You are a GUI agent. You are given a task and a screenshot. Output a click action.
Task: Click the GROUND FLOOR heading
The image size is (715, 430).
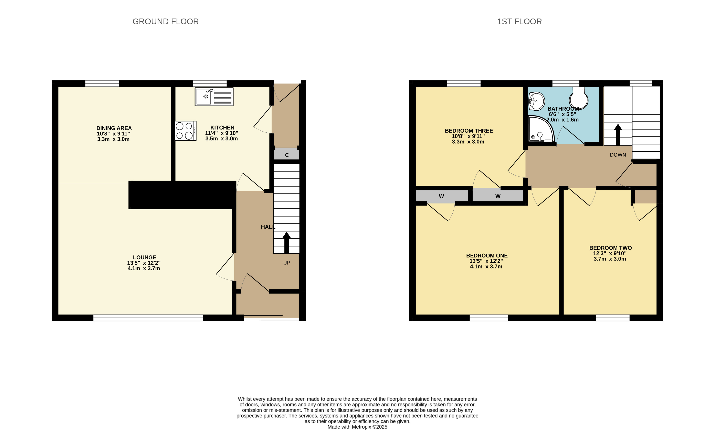166,21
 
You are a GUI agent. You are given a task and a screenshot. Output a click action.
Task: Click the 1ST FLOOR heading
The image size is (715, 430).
519,21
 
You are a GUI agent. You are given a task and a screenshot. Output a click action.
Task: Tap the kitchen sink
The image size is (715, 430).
214,97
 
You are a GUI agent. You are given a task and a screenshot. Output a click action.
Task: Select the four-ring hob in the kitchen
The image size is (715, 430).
186,131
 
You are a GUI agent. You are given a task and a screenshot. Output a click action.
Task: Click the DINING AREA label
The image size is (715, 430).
114,128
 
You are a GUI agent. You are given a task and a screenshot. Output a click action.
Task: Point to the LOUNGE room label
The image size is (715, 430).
144,257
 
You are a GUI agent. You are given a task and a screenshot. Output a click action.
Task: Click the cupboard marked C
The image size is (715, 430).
286,154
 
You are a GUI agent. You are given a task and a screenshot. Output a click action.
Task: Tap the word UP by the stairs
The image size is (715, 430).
286,263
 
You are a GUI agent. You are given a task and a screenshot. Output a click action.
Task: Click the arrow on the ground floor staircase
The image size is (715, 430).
286,243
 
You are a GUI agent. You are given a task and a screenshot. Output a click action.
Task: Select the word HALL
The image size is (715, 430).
268,227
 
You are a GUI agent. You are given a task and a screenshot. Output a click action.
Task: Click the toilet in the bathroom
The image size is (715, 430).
578,98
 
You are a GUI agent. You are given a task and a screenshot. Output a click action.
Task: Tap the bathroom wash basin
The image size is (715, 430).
536,101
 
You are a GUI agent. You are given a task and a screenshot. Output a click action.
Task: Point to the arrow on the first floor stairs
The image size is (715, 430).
618,134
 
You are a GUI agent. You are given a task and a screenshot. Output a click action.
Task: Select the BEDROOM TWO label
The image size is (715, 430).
610,248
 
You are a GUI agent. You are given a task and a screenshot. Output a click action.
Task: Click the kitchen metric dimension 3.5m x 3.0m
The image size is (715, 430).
222,139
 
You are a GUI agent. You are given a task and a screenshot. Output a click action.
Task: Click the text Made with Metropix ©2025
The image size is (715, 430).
357,427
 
